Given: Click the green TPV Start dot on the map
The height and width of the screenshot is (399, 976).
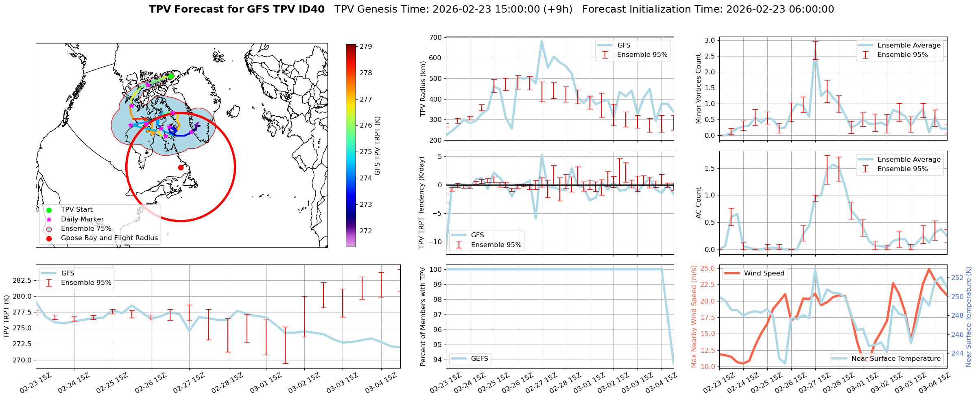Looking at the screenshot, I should coord(171,76).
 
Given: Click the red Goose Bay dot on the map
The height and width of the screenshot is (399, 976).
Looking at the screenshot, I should coord(181,167).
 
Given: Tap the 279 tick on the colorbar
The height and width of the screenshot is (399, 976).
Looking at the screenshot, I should coord(365,47).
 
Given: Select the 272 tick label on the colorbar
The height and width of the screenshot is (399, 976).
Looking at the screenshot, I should coord(365,231).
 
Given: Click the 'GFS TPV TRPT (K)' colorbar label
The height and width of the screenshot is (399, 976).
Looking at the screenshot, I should coord(378,146).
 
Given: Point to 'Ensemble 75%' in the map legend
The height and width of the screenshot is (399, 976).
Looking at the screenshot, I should coord(86,228).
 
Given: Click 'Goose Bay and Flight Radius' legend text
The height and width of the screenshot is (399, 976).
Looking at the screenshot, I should coord(109,238).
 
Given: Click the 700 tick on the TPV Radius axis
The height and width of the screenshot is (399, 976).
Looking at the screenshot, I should coord(435,38).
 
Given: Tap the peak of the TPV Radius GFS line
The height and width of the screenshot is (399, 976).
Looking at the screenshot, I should coord(541,41).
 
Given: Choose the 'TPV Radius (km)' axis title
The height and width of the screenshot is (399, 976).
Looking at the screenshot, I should coord(423,89).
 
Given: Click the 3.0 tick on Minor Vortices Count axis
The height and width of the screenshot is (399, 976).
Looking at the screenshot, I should coord(710,40).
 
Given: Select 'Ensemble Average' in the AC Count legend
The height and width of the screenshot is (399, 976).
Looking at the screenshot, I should coord(909,159).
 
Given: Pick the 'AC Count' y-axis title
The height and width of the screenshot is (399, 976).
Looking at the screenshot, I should coord(699,203).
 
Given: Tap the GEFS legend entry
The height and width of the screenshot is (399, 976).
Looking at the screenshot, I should coord(479,358).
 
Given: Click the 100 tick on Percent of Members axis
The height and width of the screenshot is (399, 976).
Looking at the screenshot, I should coord(436,269).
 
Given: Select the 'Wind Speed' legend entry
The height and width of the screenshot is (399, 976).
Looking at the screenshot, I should coord(764,273).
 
